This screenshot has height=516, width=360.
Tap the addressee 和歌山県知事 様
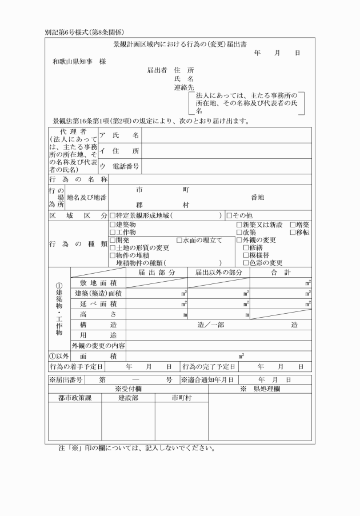(x=79, y=61)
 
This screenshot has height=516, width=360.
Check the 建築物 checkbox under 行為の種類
(x=113, y=225)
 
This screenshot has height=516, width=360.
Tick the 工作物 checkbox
(x=113, y=233)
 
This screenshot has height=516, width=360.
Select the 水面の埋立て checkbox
(x=179, y=241)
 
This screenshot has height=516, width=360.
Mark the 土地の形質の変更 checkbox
(x=113, y=248)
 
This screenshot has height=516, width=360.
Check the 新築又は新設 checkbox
(x=239, y=225)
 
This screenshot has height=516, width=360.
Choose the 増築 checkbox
(x=293, y=225)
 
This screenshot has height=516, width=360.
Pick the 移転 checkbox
(x=293, y=233)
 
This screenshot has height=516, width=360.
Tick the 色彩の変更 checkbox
(x=246, y=263)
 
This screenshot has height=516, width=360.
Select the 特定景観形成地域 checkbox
(x=113, y=215)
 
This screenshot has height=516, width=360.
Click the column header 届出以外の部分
(x=219, y=273)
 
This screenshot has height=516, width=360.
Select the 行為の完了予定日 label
(x=209, y=366)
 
